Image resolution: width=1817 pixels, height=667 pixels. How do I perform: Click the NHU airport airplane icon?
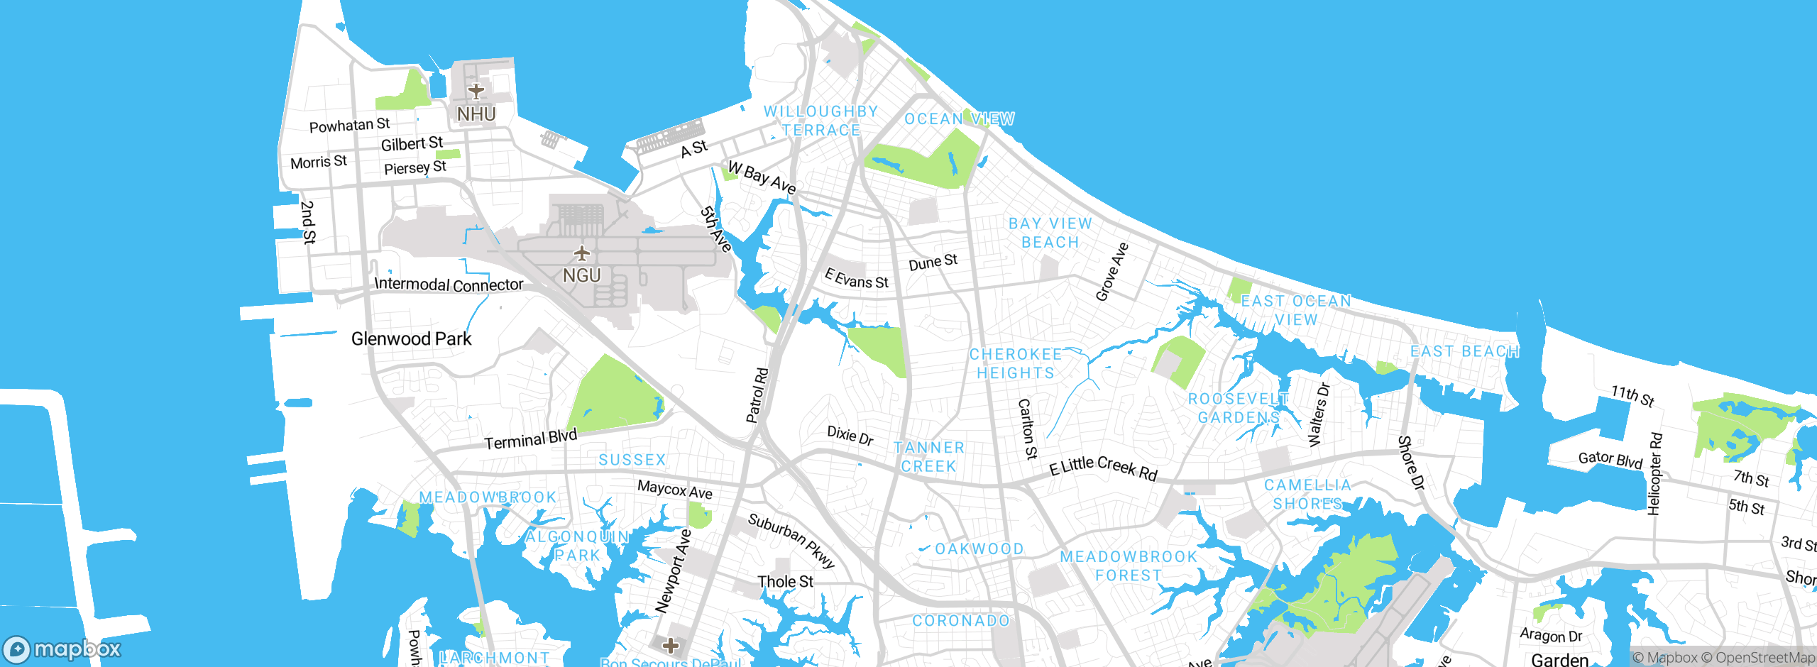pos(476,91)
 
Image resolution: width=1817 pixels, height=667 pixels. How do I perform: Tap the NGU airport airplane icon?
pos(582,253)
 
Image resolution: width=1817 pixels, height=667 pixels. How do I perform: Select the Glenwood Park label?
pos(411,338)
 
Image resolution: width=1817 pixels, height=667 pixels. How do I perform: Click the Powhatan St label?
pos(349,126)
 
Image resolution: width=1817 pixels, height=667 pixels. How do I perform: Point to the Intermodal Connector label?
pos(449,285)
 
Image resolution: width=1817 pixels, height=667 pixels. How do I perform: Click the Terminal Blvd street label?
pos(530,440)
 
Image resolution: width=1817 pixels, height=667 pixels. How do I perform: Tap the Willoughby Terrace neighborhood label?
pos(821,121)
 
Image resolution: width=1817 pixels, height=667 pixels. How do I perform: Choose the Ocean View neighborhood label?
pos(959,118)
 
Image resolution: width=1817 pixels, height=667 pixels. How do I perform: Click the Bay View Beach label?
pos(1050,233)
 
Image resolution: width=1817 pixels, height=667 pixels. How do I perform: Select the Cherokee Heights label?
pos(1016,363)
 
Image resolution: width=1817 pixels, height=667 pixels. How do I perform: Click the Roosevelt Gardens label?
pos(1239,408)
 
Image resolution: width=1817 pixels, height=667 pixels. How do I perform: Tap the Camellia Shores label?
pos(1307,494)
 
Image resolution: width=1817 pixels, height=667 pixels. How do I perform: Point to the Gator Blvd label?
pos(1610,460)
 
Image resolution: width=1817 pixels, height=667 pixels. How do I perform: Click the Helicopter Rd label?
pos(1654,473)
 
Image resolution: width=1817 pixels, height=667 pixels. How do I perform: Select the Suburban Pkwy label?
pos(791,540)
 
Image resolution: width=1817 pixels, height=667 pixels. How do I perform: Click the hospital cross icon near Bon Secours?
pos(670,646)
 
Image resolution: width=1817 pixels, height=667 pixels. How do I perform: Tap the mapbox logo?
pos(62,649)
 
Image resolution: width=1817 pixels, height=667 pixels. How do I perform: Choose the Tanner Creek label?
pos(928,457)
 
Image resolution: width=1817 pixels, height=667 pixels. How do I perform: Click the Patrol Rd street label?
pos(757,395)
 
